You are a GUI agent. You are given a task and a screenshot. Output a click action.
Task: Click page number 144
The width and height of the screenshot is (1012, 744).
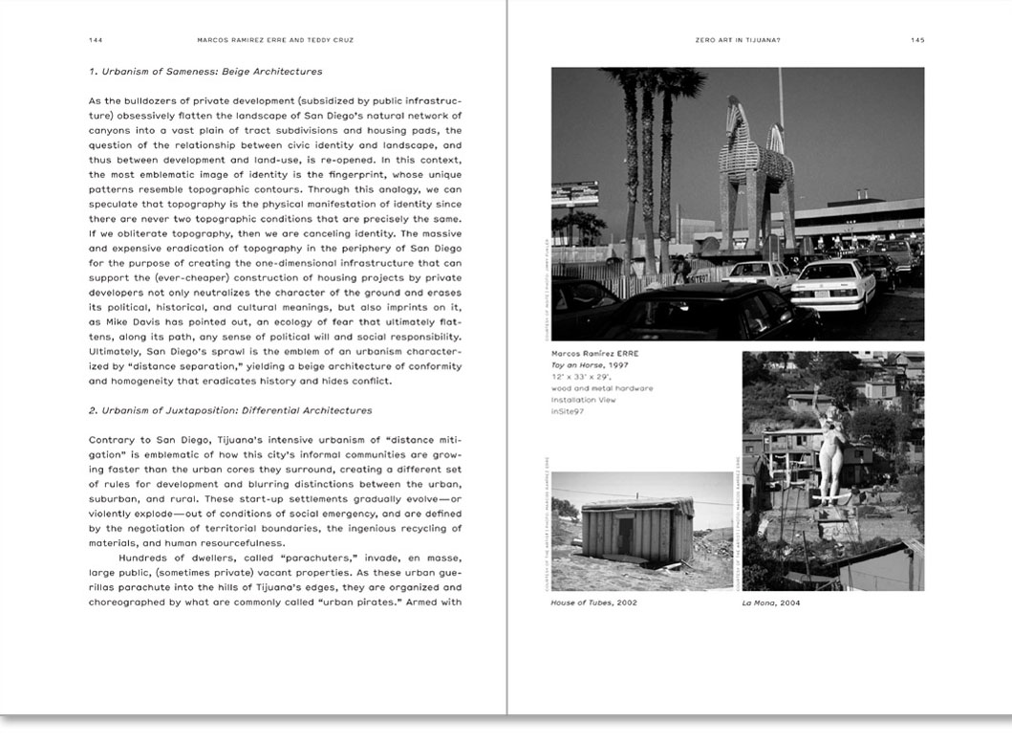coord(95,40)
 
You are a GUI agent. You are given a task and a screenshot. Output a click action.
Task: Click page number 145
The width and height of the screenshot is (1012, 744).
coord(917,40)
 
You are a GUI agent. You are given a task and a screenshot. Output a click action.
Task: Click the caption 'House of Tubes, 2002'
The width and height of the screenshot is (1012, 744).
coord(594,602)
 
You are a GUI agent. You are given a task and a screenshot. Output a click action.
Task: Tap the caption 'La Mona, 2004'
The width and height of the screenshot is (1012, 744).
coord(773,602)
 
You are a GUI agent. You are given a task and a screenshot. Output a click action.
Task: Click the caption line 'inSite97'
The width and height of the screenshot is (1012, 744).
coord(568,411)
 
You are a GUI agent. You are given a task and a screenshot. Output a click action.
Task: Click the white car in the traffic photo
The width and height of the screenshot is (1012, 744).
coord(833,281)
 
